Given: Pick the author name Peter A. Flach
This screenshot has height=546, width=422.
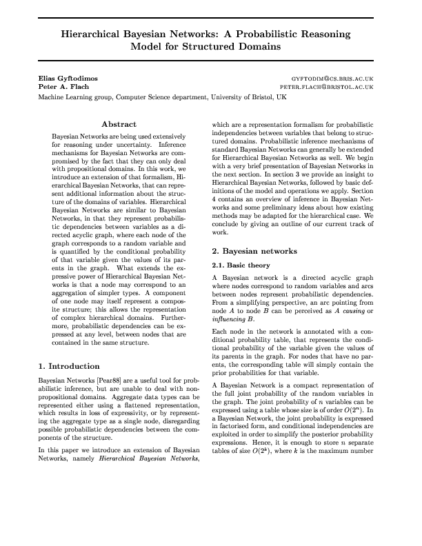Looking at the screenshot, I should click(59, 88).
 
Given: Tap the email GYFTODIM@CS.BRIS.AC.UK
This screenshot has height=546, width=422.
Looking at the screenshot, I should click(332, 79).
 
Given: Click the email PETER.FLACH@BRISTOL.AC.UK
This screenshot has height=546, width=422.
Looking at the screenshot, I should click(326, 88).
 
